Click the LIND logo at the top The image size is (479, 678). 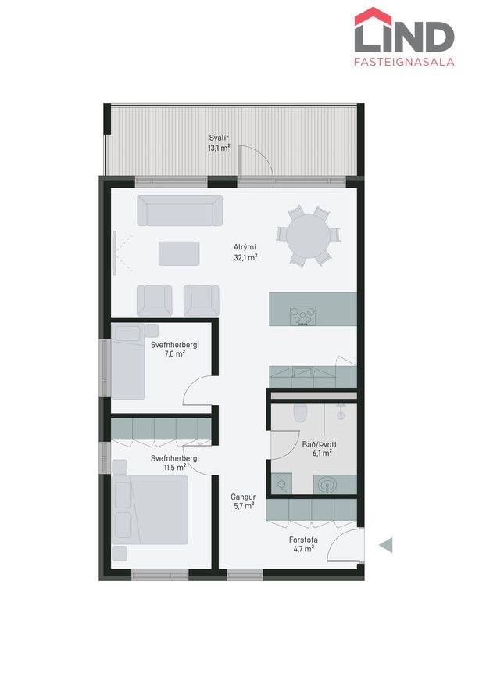click(x=404, y=30)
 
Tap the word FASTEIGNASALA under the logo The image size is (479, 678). click(x=404, y=62)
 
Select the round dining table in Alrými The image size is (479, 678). click(x=309, y=235)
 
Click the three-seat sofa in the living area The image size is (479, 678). click(x=180, y=210)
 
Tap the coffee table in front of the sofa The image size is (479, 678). click(x=179, y=254)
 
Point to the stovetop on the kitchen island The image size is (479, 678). click(x=302, y=316)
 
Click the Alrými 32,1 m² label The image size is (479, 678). click(x=245, y=253)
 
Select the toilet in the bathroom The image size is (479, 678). click(x=299, y=412)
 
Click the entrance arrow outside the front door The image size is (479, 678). click(x=386, y=545)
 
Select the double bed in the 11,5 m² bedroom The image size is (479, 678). click(x=150, y=510)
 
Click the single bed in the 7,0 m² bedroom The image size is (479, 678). click(x=128, y=361)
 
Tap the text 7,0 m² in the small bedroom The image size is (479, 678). click(x=174, y=353)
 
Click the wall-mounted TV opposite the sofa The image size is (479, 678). click(x=114, y=253)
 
